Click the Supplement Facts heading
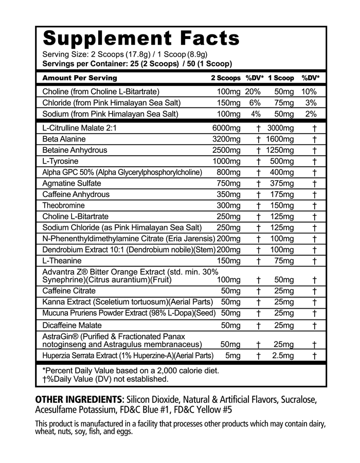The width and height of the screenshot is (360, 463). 141,38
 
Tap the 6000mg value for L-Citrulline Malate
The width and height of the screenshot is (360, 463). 226,128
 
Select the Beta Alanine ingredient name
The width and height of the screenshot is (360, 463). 64,139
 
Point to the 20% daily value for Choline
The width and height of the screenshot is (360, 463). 253,92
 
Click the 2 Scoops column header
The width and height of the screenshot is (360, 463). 225,78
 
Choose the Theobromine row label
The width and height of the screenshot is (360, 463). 64,205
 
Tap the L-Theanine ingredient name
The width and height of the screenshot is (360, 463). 60,261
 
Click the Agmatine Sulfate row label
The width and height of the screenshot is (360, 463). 71,183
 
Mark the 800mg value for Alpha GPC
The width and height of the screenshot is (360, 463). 229,172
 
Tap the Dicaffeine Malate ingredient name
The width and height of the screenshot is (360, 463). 72,325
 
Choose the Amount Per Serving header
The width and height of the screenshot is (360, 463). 80,78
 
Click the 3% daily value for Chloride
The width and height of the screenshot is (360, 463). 310,103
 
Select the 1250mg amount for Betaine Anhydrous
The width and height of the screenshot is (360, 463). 280,150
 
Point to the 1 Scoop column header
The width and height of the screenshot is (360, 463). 281,78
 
